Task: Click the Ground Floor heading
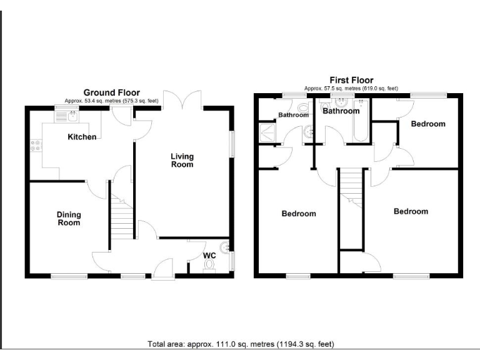pos(112,92)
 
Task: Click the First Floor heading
pos(351,80)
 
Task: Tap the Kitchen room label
pos(82,136)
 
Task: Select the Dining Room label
pos(69,219)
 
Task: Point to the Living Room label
pos(183,160)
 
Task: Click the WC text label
pos(209,256)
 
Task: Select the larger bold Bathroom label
pos(341,111)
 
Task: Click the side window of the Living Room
pos(232,144)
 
